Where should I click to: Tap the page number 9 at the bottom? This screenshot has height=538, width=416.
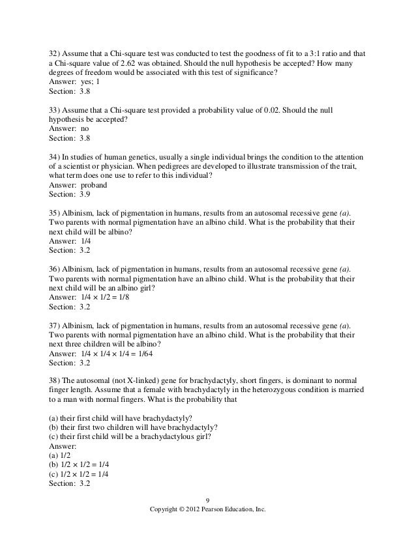point(207,500)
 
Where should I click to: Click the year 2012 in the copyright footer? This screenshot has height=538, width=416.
point(203,510)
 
